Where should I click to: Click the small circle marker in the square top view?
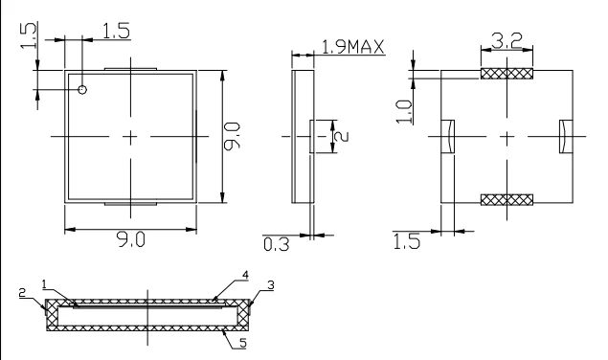click(82, 90)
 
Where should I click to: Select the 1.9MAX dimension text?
click(353, 47)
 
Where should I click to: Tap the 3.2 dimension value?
click(507, 41)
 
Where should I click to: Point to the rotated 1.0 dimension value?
click(404, 112)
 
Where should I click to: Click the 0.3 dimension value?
click(276, 244)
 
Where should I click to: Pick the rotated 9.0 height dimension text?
click(233, 136)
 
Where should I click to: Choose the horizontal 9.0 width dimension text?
click(131, 239)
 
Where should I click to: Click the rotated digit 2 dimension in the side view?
click(341, 137)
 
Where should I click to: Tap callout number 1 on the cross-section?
click(44, 284)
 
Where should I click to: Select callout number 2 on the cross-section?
click(22, 293)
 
